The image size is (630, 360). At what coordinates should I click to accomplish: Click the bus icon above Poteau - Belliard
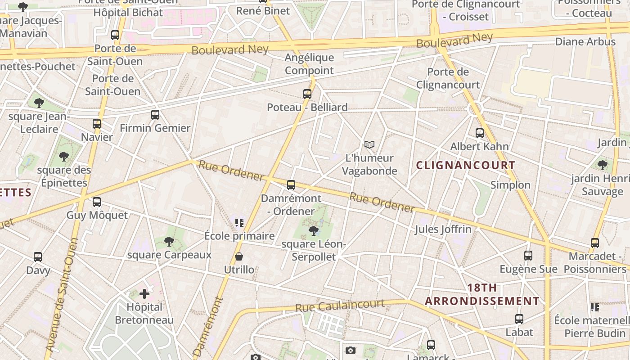pyautogui.click(x=307, y=94)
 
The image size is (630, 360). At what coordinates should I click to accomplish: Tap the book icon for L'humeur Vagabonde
pyautogui.click(x=369, y=144)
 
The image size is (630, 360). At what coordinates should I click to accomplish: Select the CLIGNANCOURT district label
pyautogui.click(x=465, y=165)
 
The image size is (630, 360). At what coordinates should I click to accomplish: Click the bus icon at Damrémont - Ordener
pyautogui.click(x=291, y=185)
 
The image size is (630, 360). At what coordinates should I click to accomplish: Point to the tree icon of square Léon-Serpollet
pyautogui.click(x=314, y=231)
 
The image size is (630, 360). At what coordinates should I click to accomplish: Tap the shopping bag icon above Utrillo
pyautogui.click(x=239, y=256)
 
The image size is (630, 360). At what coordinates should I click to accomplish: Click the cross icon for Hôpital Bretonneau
pyautogui.click(x=144, y=294)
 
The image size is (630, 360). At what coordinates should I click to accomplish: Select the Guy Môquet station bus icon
pyautogui.click(x=97, y=202)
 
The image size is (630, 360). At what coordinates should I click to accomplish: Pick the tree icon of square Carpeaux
pyautogui.click(x=169, y=242)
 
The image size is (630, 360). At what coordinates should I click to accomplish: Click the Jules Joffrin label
pyautogui.click(x=443, y=229)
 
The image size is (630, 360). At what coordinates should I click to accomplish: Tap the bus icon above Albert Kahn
pyautogui.click(x=480, y=133)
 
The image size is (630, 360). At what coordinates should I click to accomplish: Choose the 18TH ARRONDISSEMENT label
pyautogui.click(x=482, y=294)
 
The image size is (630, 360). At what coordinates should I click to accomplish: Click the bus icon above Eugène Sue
pyautogui.click(x=528, y=256)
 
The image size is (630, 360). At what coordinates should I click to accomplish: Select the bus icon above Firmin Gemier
pyautogui.click(x=155, y=115)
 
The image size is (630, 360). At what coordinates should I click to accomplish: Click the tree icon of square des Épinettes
pyautogui.click(x=64, y=157)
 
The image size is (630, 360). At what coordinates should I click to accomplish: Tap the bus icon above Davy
pyautogui.click(x=38, y=257)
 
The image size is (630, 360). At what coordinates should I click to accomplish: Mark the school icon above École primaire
pyautogui.click(x=239, y=222)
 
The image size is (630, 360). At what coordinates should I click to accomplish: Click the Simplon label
pyautogui.click(x=510, y=185)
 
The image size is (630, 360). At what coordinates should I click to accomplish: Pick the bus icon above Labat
pyautogui.click(x=519, y=319)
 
